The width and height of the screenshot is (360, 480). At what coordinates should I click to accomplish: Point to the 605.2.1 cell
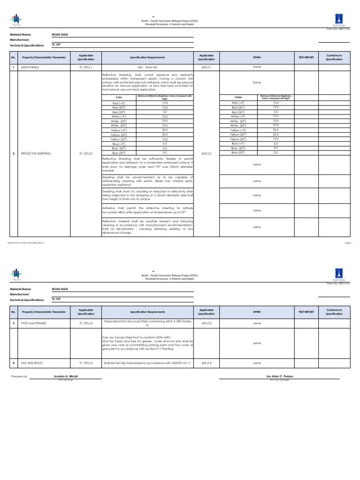[x=206, y=67]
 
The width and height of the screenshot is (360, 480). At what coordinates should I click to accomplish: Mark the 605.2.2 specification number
[x=206, y=153]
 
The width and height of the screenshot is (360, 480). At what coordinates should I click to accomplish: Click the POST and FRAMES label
[x=32, y=323]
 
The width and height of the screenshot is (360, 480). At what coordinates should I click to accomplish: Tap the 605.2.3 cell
[x=206, y=323]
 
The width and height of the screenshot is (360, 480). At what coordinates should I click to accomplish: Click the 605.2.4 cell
[x=206, y=363]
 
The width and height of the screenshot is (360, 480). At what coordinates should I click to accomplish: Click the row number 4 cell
[x=14, y=363]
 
